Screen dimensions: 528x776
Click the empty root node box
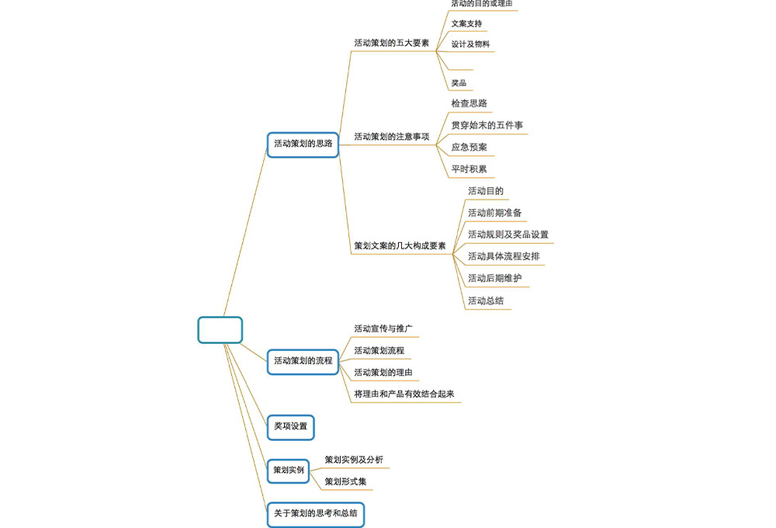click(220, 329)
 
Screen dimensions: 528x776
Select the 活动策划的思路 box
click(303, 144)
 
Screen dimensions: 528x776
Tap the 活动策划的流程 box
click(303, 361)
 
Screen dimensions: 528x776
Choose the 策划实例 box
click(288, 471)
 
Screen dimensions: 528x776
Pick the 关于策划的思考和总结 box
click(316, 514)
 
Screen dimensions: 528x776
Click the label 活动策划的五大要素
click(391, 43)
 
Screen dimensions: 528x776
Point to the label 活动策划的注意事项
click(391, 137)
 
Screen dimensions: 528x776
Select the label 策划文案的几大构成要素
click(400, 246)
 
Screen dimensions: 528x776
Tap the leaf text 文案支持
click(466, 24)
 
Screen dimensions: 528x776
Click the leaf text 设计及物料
click(470, 44)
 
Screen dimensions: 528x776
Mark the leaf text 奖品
click(459, 83)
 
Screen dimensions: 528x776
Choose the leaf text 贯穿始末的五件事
click(481, 125)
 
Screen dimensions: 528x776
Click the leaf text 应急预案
click(469, 147)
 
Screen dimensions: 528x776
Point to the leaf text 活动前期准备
click(494, 213)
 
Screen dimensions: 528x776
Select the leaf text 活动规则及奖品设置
click(508, 234)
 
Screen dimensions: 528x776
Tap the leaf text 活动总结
click(486, 300)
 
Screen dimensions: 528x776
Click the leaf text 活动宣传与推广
click(383, 328)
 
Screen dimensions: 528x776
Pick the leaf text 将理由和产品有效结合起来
click(404, 394)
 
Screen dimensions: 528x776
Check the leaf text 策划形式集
click(345, 482)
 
